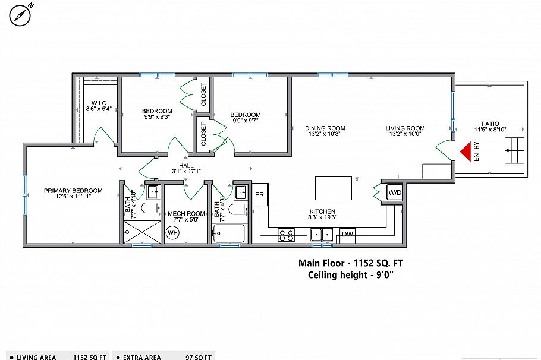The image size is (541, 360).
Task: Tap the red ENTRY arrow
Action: pos(465,151)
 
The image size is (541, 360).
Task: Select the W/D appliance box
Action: pos(394,193)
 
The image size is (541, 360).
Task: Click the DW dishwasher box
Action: pos(348,235)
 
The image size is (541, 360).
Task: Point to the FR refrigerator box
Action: pos(260,194)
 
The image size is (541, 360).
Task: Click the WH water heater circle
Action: pos(173,233)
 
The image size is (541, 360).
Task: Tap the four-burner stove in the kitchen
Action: pos(286,235)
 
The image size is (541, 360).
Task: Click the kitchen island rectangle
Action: pos(333,188)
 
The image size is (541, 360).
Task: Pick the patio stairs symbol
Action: pos(515,151)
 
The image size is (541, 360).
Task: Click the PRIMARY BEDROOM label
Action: pos(73,191)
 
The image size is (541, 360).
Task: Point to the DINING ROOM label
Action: pos(325,128)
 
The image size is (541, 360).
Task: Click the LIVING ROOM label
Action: pos(405,128)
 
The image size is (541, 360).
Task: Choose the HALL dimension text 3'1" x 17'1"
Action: pos(187,172)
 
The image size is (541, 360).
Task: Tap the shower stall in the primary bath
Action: pos(142,231)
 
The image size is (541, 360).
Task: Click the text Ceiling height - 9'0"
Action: pos(350,274)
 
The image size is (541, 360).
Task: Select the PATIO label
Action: pos(490,124)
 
